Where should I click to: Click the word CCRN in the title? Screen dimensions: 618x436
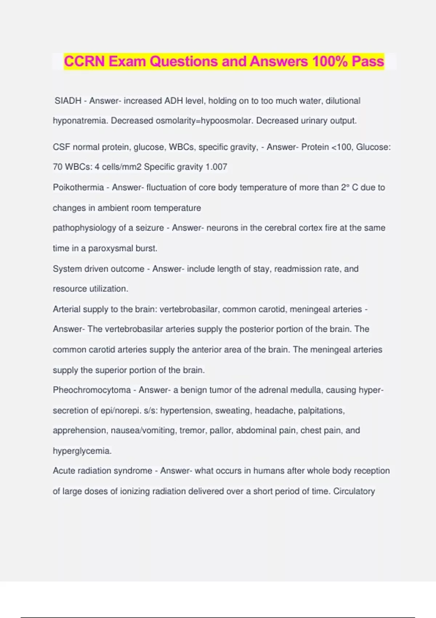pyautogui.click(x=84, y=61)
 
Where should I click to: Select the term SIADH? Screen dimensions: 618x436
pyautogui.click(x=68, y=101)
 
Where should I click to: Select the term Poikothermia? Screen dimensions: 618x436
pyautogui.click(x=78, y=187)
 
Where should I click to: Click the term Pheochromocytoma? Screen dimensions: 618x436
pyautogui.click(x=92, y=390)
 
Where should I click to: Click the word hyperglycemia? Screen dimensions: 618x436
pyautogui.click(x=82, y=451)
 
